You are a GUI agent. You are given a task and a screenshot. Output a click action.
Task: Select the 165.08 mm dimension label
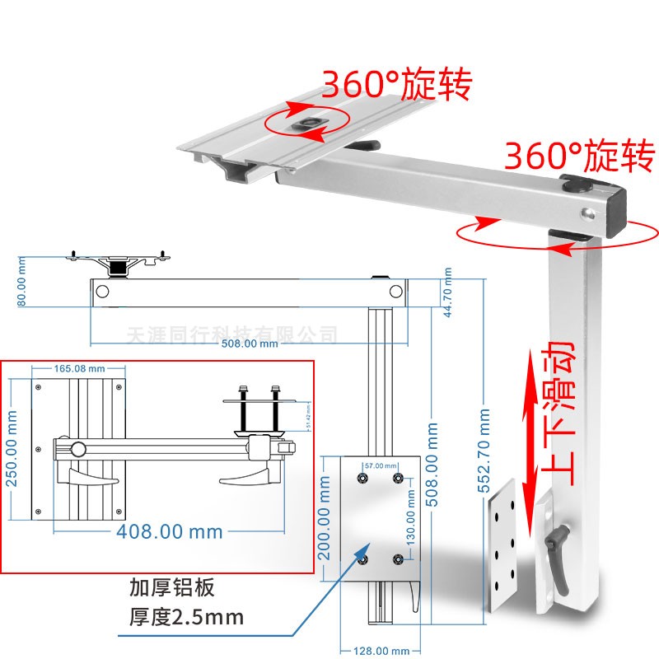pyautogui.click(x=79, y=368)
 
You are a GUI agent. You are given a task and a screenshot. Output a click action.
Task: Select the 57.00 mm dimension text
pyautogui.click(x=380, y=466)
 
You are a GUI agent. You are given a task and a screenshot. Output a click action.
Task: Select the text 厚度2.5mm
pyautogui.click(x=187, y=616)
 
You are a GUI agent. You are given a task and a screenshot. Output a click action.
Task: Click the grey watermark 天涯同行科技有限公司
pyautogui.click(x=233, y=334)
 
